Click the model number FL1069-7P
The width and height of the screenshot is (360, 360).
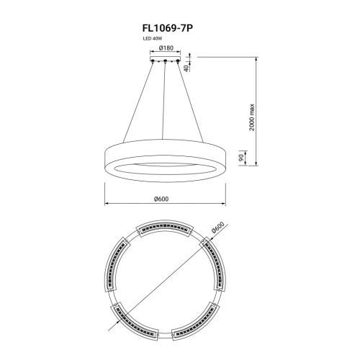click(168, 28)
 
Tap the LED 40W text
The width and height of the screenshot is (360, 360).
click(153, 38)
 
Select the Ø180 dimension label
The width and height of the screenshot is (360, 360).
click(166, 48)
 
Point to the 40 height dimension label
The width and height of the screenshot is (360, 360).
click(186, 68)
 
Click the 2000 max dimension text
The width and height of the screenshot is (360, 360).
click(251, 117)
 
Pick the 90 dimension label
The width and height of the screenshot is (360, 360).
click(241, 158)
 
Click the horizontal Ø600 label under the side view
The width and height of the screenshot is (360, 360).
click(161, 199)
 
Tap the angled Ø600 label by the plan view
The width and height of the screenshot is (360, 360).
click(218, 228)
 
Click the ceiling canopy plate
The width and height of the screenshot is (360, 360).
click(165, 58)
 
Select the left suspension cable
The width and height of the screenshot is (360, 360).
click(138, 102)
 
